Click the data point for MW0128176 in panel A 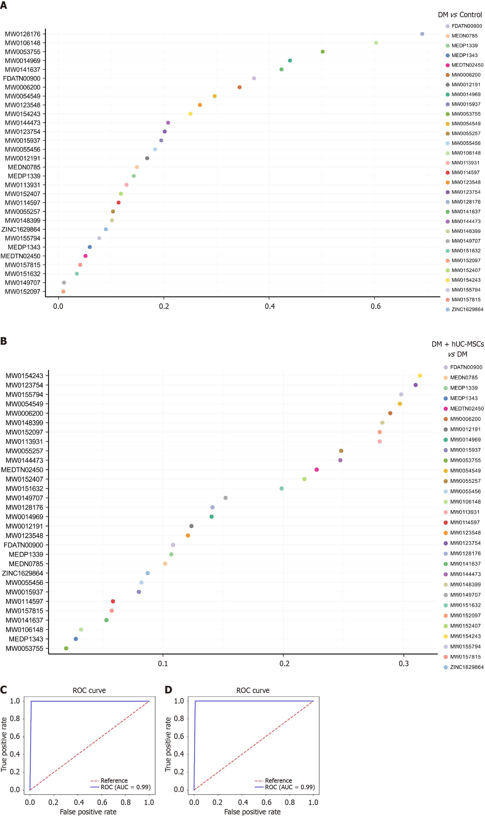[422, 34]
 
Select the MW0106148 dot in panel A [376, 43]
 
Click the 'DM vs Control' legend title [459, 15]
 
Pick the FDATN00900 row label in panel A [22, 78]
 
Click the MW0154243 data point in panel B [420, 376]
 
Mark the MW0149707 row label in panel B [24, 498]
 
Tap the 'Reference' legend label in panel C [114, 780]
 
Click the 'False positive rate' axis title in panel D [252, 812]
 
